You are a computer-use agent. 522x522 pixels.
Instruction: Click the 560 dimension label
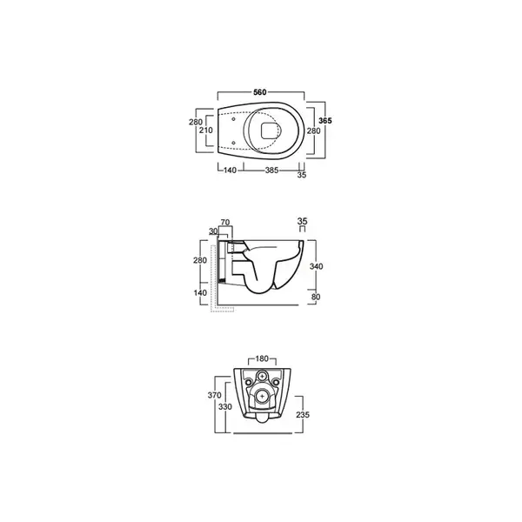click(x=260, y=92)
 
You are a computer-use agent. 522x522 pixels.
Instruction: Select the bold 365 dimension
click(x=325, y=121)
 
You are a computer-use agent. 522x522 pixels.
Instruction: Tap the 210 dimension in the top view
click(x=206, y=130)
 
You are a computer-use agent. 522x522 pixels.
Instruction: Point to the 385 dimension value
click(x=271, y=171)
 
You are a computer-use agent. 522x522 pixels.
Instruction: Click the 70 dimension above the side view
click(x=225, y=223)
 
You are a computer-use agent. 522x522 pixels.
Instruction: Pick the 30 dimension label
click(x=213, y=231)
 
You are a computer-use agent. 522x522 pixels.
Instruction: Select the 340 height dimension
click(x=317, y=266)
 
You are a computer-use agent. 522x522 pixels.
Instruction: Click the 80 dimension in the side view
click(x=316, y=297)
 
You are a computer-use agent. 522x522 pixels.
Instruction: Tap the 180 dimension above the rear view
click(x=262, y=358)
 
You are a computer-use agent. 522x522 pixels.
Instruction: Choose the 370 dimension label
click(x=214, y=395)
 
